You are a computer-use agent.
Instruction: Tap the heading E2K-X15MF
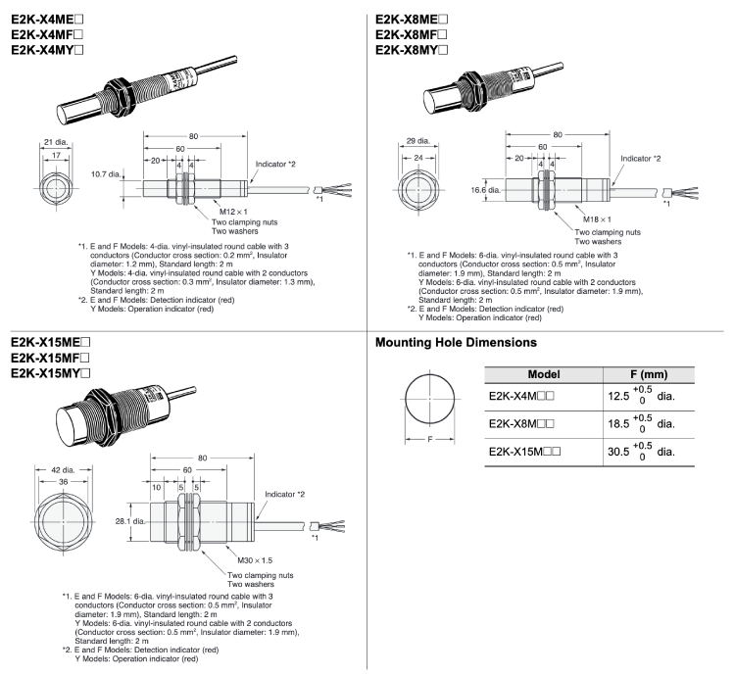52,359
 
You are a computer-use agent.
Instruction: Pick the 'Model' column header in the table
544,374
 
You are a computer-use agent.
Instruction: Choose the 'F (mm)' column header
647,374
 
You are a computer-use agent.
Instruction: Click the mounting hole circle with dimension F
433,404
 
